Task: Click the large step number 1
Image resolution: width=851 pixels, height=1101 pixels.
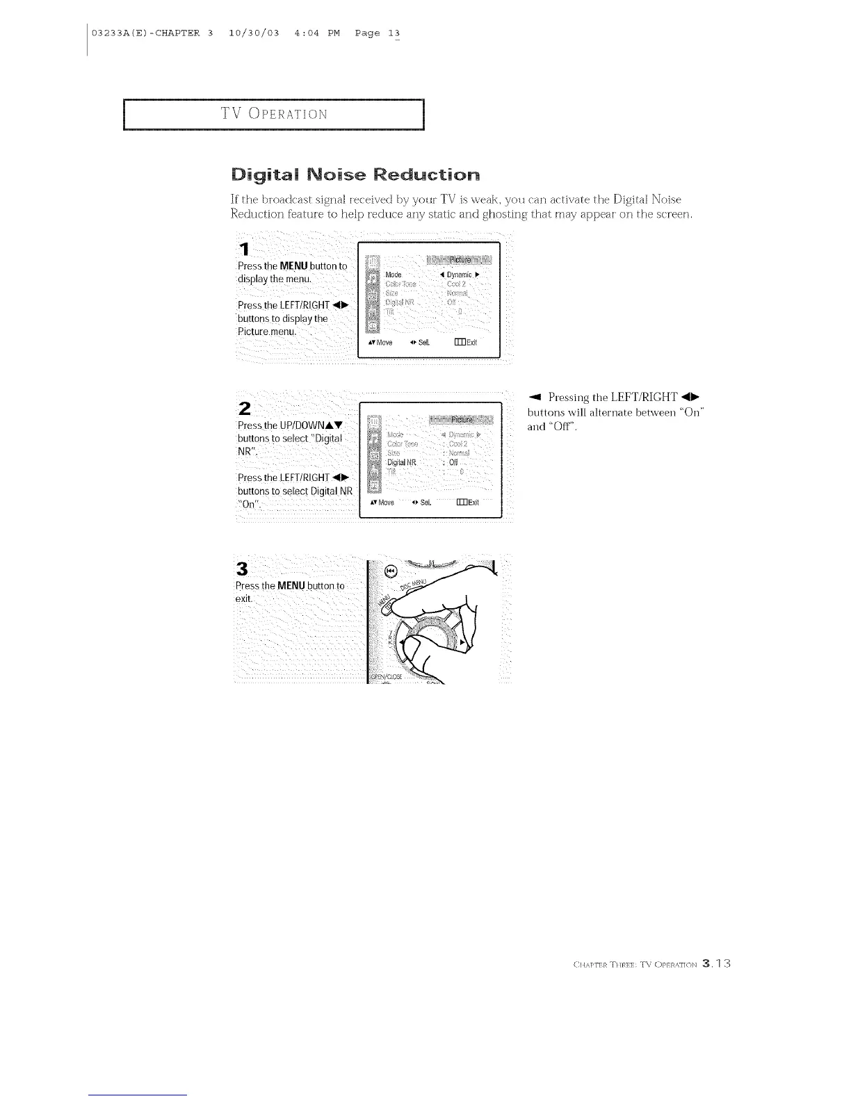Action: tap(243, 248)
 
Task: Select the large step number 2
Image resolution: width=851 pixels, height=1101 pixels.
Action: tap(244, 407)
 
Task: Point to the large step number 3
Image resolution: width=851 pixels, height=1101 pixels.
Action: tap(242, 568)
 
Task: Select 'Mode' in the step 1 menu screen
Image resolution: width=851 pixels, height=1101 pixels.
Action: tap(394, 275)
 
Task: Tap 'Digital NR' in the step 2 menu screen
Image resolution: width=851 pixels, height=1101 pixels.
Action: tap(401, 462)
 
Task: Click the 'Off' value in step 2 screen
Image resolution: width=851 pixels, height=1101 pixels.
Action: tap(453, 462)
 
